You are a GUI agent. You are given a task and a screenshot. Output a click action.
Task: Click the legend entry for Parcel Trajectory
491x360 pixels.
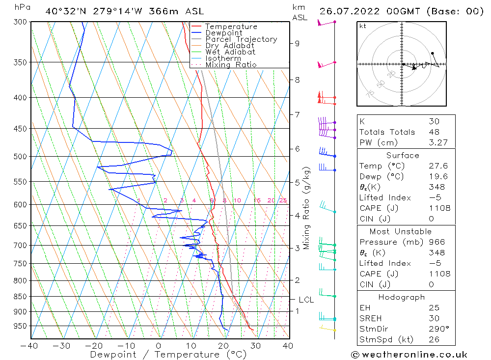pos(241,39)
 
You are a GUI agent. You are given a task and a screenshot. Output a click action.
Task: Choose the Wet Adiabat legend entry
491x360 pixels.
pos(230,52)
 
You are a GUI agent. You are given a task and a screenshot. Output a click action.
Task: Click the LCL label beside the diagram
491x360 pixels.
pos(306,300)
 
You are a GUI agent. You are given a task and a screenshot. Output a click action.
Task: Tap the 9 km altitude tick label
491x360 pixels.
pos(297,43)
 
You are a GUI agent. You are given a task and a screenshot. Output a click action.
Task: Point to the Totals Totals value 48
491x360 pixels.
pos(434,132)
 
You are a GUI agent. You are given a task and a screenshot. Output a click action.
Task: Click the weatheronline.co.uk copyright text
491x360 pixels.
pos(409,355)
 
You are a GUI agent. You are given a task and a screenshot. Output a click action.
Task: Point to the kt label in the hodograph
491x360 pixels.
pos(363,26)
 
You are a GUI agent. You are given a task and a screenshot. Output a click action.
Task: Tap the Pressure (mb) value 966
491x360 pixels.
pos(436,242)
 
